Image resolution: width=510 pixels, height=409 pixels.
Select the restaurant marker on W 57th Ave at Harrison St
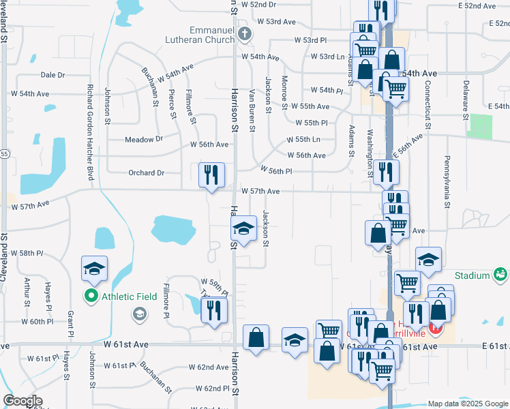(x=211, y=175)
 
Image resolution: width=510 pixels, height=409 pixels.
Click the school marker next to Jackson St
(x=244, y=228)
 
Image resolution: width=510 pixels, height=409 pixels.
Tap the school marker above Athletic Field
(x=95, y=269)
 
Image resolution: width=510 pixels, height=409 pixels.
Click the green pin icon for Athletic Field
(x=91, y=296)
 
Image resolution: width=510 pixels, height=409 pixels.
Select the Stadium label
(x=473, y=275)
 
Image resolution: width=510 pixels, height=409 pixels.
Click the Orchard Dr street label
(x=146, y=173)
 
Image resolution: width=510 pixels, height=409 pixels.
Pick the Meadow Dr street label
(x=144, y=139)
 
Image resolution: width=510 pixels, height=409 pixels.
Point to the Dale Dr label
(x=52, y=75)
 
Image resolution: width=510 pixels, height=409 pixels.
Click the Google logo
(x=22, y=401)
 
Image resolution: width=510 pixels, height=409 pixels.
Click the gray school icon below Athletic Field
(x=139, y=314)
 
